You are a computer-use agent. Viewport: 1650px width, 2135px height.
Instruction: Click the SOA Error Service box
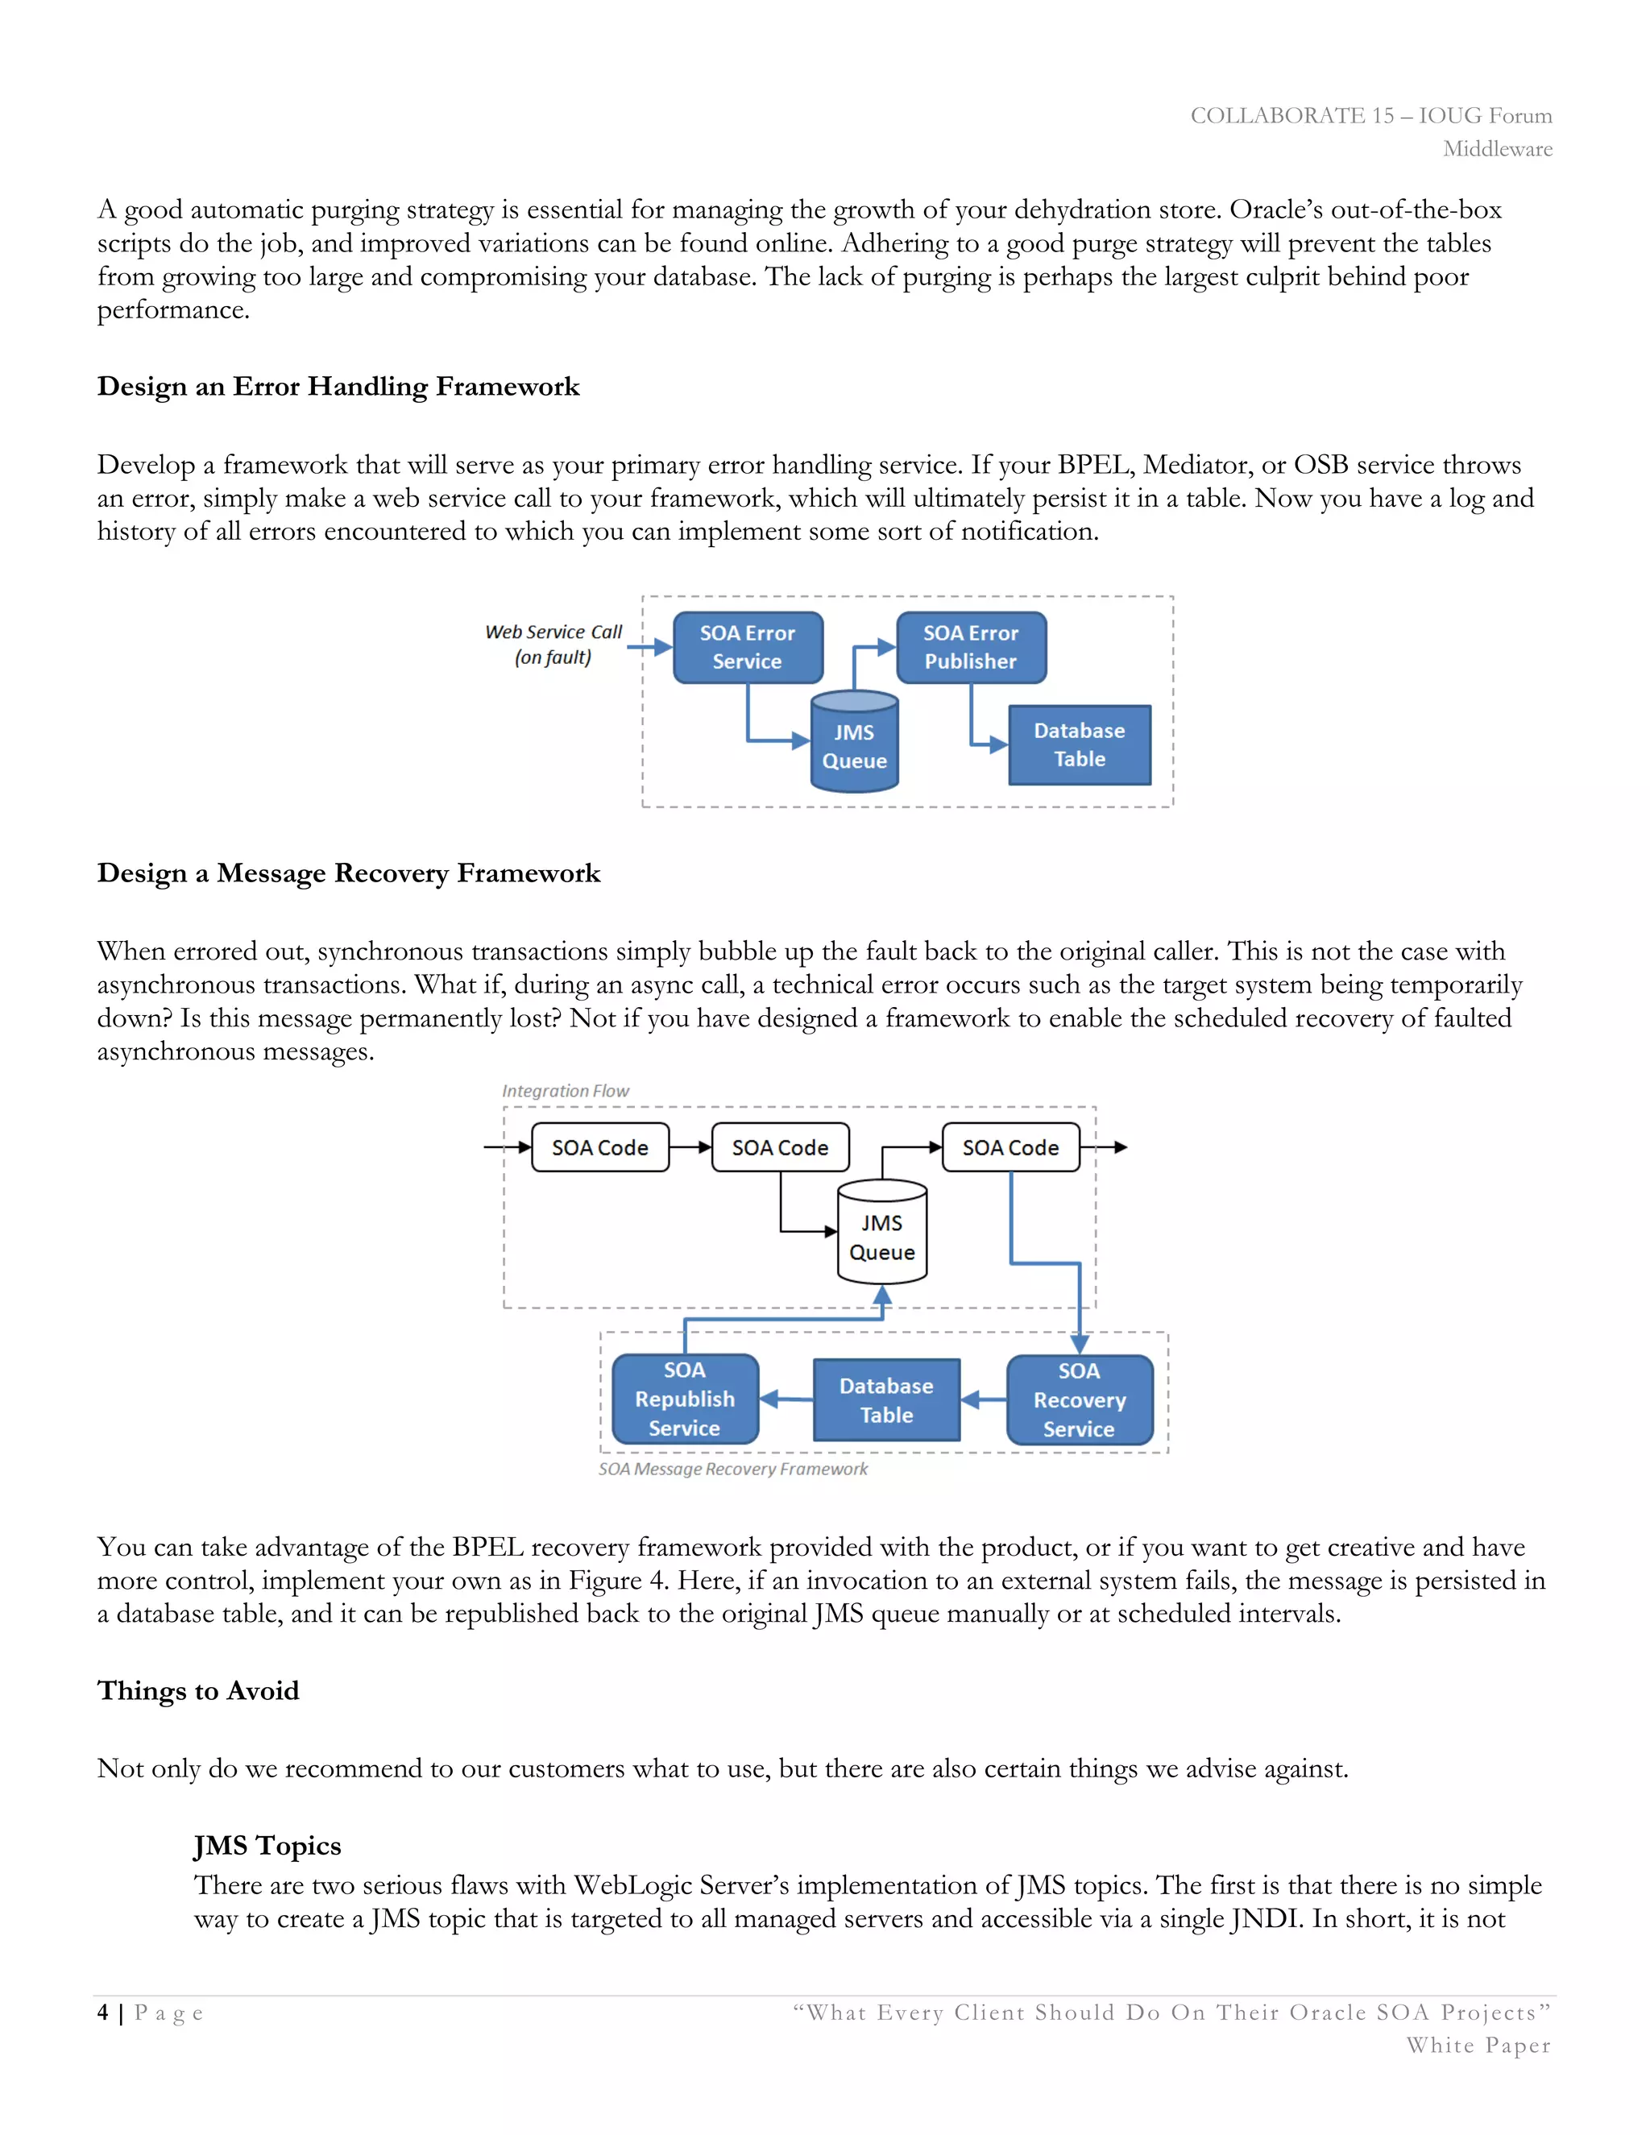(747, 647)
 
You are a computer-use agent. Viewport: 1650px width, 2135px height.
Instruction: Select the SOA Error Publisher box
(971, 647)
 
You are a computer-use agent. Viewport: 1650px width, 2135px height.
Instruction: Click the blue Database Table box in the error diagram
(1079, 745)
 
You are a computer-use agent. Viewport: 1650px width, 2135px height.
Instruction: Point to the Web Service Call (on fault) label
(553, 645)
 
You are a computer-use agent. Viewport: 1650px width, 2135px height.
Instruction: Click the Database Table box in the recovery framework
(886, 1400)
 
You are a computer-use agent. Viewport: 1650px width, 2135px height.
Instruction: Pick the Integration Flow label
(565, 1091)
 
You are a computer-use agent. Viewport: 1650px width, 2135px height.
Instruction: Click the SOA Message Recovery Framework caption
(732, 1470)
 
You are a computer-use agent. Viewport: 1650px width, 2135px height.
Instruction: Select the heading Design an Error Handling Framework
(338, 387)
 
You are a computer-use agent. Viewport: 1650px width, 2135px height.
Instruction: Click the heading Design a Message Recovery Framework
(348, 873)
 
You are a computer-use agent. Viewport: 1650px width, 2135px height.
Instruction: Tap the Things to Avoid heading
(198, 1691)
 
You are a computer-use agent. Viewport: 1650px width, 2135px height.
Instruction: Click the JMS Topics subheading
(267, 1846)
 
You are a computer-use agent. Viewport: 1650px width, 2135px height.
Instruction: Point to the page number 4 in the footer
(102, 2013)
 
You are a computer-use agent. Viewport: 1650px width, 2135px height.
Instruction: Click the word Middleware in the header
(1497, 150)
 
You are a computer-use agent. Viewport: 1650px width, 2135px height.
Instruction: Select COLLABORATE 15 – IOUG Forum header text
(1370, 116)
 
